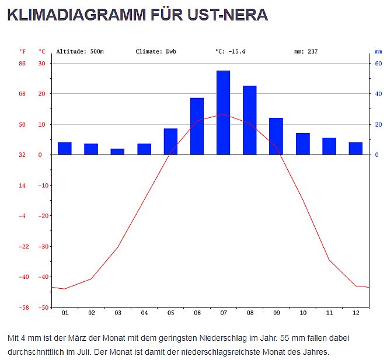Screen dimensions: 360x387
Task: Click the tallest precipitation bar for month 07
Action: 223,113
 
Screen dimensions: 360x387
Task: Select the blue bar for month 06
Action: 197,126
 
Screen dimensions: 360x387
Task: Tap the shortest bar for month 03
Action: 117,152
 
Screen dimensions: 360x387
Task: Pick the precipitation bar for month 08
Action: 250,120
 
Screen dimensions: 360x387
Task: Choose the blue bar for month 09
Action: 276,136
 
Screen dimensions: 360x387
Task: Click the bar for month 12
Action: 355,148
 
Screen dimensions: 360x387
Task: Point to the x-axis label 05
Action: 170,313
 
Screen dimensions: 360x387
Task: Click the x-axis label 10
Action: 303,313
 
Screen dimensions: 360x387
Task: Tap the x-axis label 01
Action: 65,313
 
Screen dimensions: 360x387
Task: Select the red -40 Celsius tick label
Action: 42,277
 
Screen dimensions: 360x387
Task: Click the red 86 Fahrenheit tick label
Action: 22,63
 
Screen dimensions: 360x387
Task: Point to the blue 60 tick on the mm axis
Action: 378,63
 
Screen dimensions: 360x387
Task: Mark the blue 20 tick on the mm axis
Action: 378,124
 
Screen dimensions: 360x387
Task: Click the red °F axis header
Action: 22,51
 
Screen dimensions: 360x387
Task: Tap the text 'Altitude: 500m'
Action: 80,51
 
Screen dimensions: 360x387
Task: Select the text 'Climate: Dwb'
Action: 156,51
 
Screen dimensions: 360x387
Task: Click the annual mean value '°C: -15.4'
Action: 230,51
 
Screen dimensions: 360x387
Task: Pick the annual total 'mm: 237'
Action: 306,51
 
